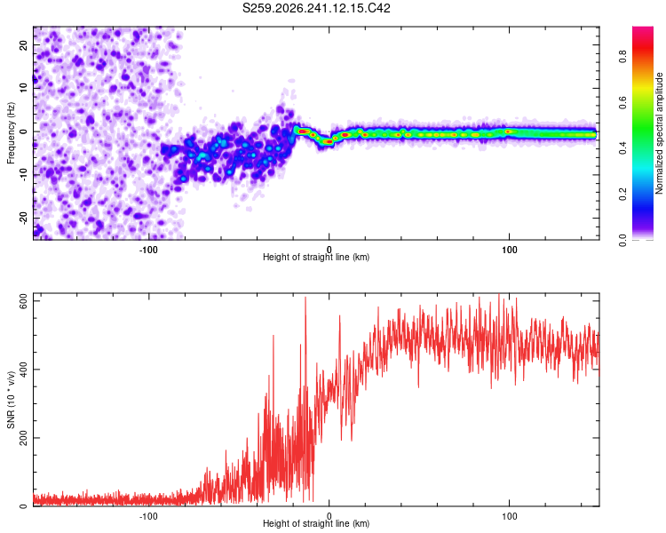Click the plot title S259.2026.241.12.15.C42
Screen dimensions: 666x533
[316, 8]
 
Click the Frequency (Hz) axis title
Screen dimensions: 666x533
[11, 133]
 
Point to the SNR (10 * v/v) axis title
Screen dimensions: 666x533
[11, 400]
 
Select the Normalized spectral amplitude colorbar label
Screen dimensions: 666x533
[659, 133]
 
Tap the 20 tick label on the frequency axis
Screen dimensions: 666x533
[24, 45]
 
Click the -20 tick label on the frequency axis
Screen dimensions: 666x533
[24, 218]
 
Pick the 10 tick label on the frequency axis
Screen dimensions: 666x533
[24, 88]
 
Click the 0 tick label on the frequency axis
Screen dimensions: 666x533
[24, 131]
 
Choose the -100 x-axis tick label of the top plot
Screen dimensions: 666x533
[148, 250]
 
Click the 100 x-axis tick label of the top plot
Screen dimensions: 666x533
[510, 250]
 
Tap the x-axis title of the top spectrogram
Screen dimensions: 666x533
[316, 257]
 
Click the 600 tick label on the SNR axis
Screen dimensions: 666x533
[24, 301]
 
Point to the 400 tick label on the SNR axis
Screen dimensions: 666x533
[24, 370]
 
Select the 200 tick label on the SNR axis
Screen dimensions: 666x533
[24, 438]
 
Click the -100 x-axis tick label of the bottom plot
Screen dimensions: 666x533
[148, 516]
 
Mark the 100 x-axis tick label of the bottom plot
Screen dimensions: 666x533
[510, 516]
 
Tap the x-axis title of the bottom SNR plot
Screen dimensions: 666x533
[316, 523]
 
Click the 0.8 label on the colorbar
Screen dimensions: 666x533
[622, 57]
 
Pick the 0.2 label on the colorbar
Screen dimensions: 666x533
[622, 194]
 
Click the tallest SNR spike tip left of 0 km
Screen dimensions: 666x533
[305, 297]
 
